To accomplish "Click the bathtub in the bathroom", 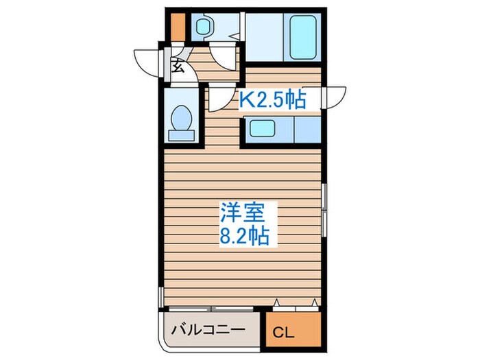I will [302, 38].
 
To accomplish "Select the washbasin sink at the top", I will [204, 27].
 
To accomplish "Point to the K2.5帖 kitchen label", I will [272, 101].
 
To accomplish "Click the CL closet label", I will [282, 334].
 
